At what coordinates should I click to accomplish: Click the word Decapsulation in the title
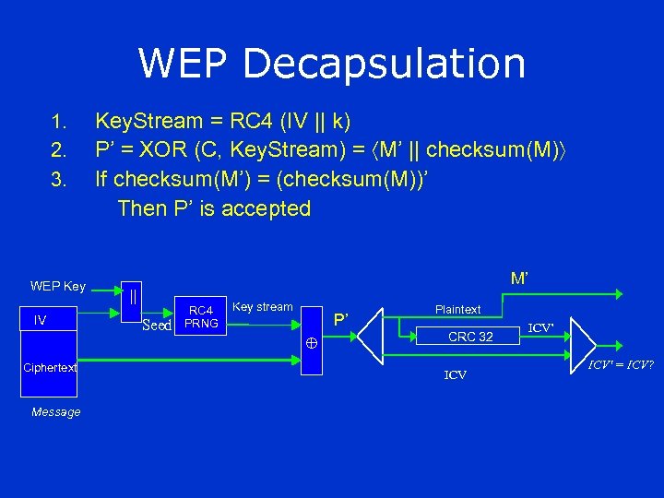pos(386,64)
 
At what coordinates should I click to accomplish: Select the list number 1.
pos(61,123)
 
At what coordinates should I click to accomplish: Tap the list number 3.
pos(61,180)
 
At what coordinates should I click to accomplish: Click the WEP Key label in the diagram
pos(58,286)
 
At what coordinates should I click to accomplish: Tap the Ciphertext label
pos(50,367)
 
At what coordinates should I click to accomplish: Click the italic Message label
pos(55,412)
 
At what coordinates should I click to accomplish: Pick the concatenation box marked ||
pos(134,297)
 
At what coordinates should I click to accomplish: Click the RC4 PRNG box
pos(201,317)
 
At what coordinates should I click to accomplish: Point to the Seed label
pos(158,325)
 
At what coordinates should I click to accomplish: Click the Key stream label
pos(263,306)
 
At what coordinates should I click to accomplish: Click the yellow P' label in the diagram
pos(341,320)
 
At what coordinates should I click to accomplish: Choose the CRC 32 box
pos(469,337)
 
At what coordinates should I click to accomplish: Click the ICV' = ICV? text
pos(622,364)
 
